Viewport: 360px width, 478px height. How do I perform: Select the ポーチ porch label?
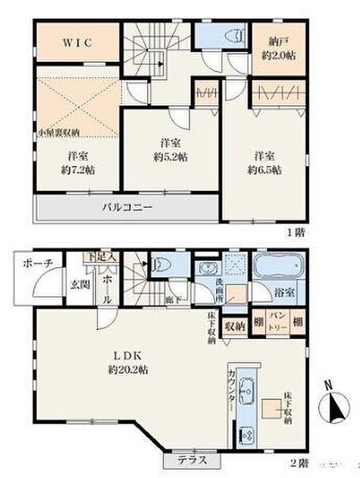(x=38, y=263)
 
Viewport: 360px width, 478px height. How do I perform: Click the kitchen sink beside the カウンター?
(x=246, y=394)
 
